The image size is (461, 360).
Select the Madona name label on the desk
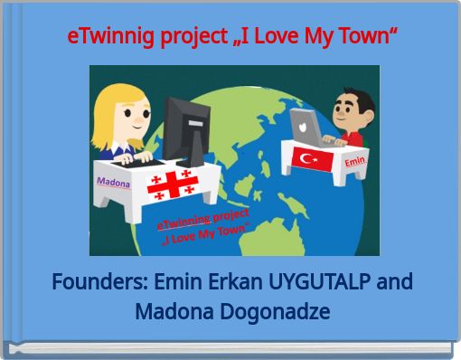(114, 183)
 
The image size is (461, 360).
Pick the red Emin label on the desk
(354, 161)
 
